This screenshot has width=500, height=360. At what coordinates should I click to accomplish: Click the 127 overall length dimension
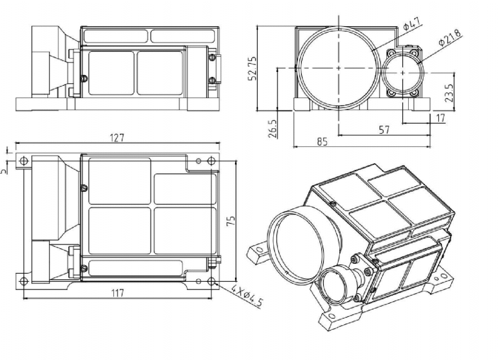point(117,138)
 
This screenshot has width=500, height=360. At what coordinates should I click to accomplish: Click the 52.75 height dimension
point(252,67)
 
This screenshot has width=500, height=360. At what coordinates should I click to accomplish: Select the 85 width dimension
point(322,142)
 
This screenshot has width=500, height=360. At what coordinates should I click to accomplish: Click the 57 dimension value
point(384,129)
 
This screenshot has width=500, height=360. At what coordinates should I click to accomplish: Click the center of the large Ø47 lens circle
point(338,67)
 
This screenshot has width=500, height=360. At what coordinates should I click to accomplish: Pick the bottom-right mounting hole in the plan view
point(212,279)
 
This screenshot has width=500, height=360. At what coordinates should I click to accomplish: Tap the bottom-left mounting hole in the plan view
point(23,279)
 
